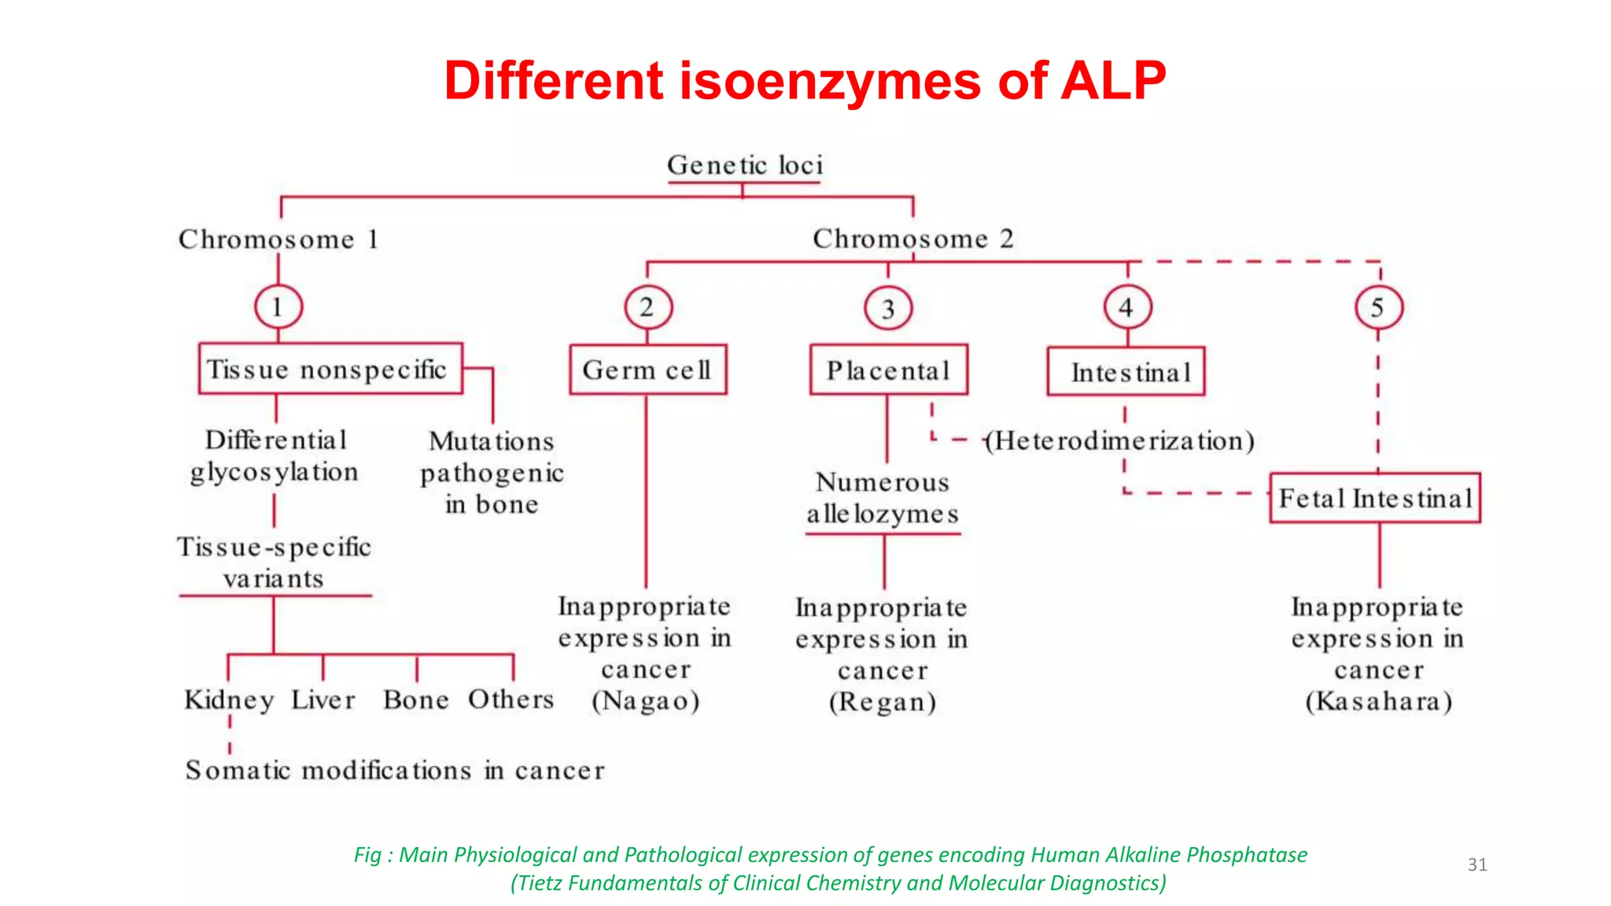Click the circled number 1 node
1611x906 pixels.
[x=278, y=307]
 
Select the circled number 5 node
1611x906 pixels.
[x=1378, y=308]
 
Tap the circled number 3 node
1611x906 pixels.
[x=888, y=308]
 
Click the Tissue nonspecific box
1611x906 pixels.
[x=330, y=368]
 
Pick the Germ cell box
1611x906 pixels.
[x=647, y=369]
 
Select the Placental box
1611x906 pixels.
[x=889, y=370]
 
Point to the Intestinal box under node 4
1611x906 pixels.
[x=1126, y=371]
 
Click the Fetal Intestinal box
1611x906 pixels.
[x=1375, y=498]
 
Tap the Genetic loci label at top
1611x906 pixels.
[x=744, y=165]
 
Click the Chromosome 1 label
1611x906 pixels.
[x=278, y=239]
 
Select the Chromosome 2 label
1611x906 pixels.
[x=912, y=238]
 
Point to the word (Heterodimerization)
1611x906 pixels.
[x=1120, y=440]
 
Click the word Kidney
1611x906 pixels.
[x=229, y=699]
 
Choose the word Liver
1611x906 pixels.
[x=323, y=699]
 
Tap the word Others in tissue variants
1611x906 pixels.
[x=511, y=698]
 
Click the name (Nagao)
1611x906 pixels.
[x=646, y=701]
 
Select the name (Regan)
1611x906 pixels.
[x=883, y=702]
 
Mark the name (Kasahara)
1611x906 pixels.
[x=1378, y=701]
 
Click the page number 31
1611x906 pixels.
[x=1476, y=864]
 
